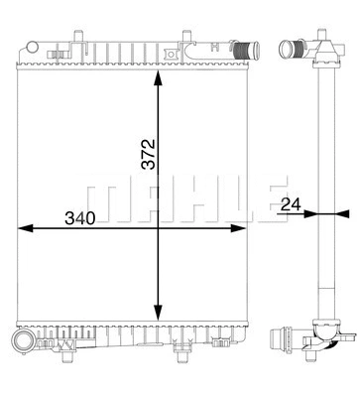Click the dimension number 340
80,216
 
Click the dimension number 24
291,205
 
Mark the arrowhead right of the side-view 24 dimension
342,212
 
